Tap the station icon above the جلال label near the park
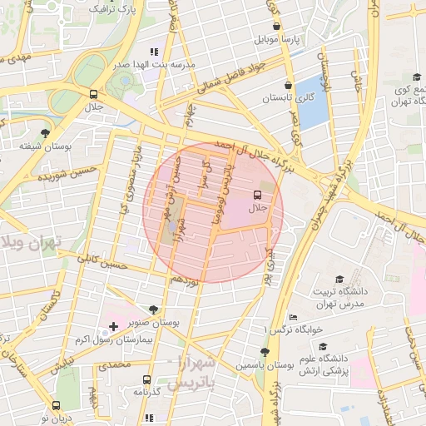click(x=93, y=93)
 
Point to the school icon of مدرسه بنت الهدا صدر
click(x=154, y=51)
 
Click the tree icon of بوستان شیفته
click(x=44, y=132)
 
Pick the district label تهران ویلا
click(x=33, y=242)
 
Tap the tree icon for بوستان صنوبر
click(x=151, y=309)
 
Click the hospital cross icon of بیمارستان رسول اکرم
click(x=113, y=326)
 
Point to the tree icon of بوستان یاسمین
click(x=265, y=351)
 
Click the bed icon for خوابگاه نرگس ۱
click(x=292, y=318)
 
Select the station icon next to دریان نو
click(x=57, y=405)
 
